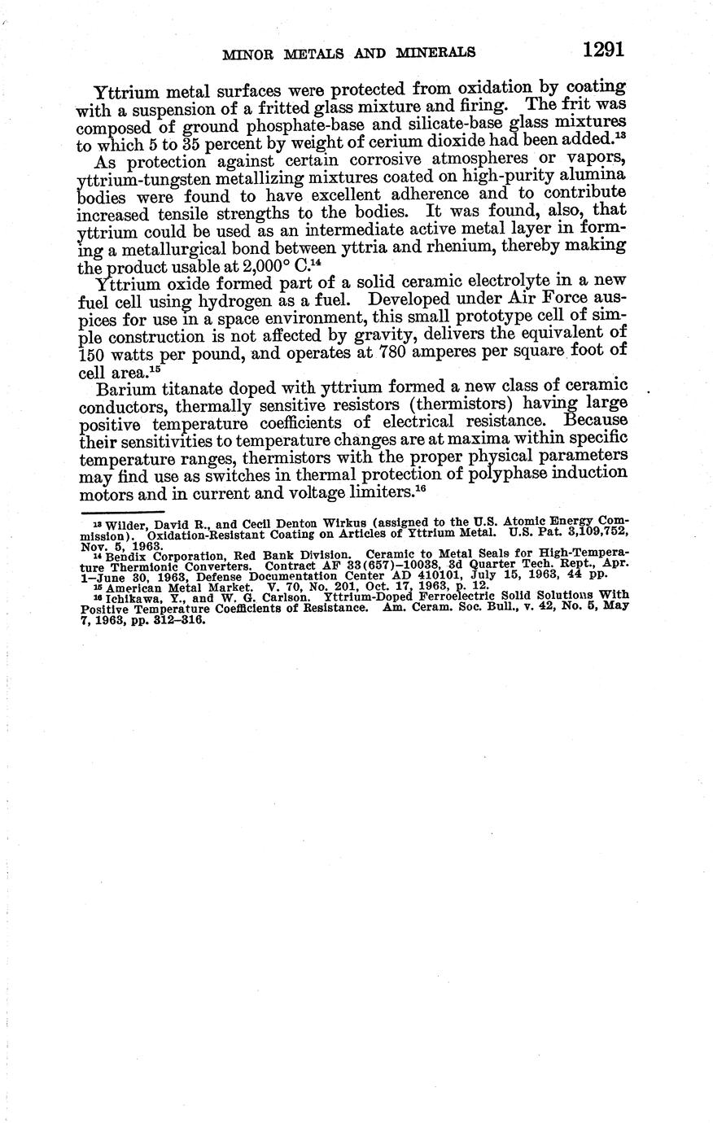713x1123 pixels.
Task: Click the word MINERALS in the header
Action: [435, 53]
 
